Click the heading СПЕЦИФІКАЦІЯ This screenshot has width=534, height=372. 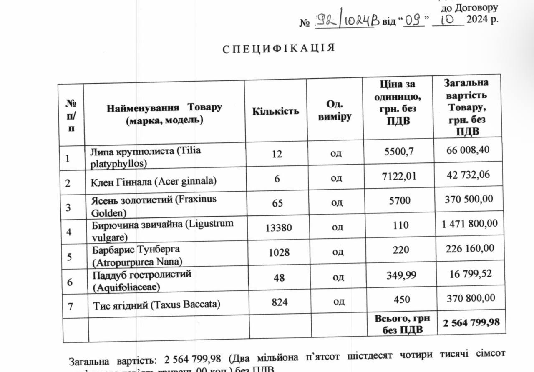pyautogui.click(x=279, y=48)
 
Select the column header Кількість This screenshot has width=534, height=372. pyautogui.click(x=275, y=111)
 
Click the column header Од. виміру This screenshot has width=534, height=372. pyautogui.click(x=335, y=111)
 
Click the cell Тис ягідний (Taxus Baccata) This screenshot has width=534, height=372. pyautogui.click(x=156, y=304)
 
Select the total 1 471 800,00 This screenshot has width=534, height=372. pyautogui.click(x=470, y=224)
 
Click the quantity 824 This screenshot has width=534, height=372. pyautogui.click(x=279, y=302)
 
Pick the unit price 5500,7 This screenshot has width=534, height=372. pyautogui.click(x=398, y=152)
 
